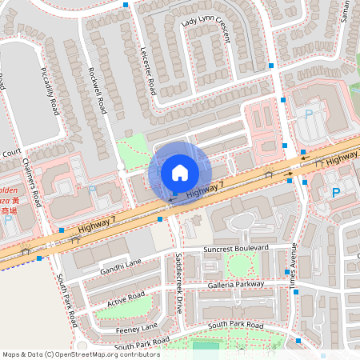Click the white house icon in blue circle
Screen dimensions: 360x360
point(179,172)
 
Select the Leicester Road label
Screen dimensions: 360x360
point(146,72)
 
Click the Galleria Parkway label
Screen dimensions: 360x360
point(234,283)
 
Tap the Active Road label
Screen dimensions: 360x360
point(126,299)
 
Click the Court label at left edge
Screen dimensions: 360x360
point(10,152)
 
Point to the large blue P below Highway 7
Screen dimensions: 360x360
point(335,193)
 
